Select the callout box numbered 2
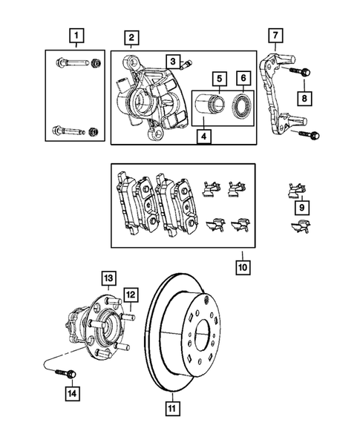[x=130, y=37]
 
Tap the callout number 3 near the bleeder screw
[x=171, y=60]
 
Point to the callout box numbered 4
[x=202, y=137]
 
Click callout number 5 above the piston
[x=219, y=77]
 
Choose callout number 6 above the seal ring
[x=243, y=77]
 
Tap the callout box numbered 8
[x=304, y=96]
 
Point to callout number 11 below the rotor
[x=171, y=407]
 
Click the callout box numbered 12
[x=128, y=295]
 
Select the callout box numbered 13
[x=108, y=278]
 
